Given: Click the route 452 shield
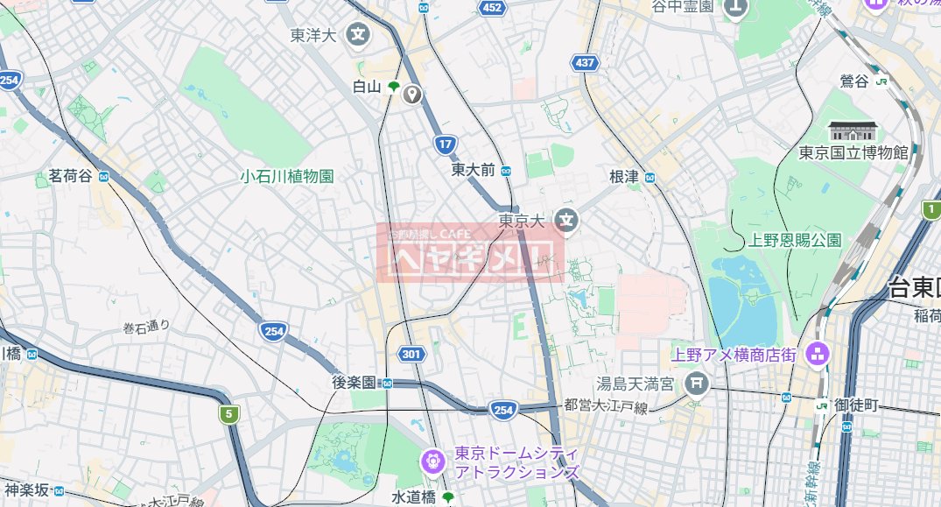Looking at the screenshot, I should pyautogui.click(x=492, y=8).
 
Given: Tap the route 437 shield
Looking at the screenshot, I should pyautogui.click(x=585, y=63).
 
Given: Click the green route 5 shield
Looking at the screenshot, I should pyautogui.click(x=229, y=413).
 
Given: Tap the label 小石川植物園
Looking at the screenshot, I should pyautogui.click(x=287, y=176).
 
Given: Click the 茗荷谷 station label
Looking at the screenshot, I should pyautogui.click(x=64, y=177).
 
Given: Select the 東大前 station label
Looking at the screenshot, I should pyautogui.click(x=474, y=169).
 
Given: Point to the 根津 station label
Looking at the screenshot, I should pyautogui.click(x=624, y=177).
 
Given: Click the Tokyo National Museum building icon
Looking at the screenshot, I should pyautogui.click(x=853, y=131).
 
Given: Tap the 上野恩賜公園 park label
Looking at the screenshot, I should pyautogui.click(x=795, y=239).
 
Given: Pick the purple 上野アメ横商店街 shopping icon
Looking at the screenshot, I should pyautogui.click(x=818, y=355).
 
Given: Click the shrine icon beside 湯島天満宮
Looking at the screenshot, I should pyautogui.click(x=697, y=383).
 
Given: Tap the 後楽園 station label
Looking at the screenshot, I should pyautogui.click(x=354, y=383).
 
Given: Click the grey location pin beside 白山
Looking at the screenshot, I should pyautogui.click(x=412, y=95).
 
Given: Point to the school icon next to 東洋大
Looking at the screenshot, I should pyautogui.click(x=358, y=36).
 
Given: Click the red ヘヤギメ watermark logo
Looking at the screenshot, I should pyautogui.click(x=471, y=253).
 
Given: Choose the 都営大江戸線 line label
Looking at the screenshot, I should pyautogui.click(x=606, y=405).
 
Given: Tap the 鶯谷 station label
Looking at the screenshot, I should pyautogui.click(x=854, y=81).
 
